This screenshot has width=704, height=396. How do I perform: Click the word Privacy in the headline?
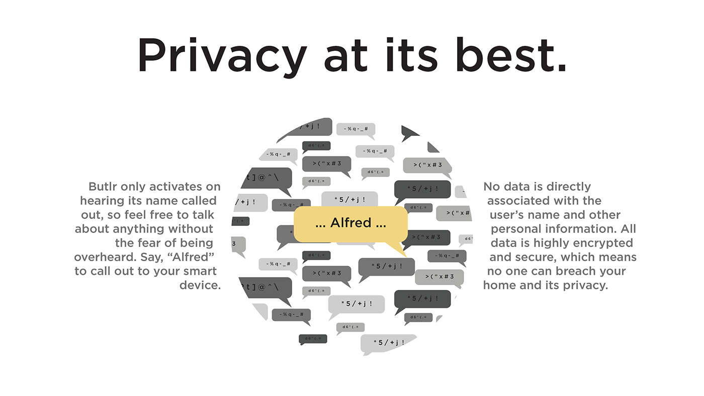[222, 55]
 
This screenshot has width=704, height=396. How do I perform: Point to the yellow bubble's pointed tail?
[398, 249]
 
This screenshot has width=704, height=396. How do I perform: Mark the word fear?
[145, 243]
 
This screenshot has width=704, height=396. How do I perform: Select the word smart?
[200, 271]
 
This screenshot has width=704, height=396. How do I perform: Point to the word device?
[200, 285]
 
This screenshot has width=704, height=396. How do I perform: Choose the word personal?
[514, 229]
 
